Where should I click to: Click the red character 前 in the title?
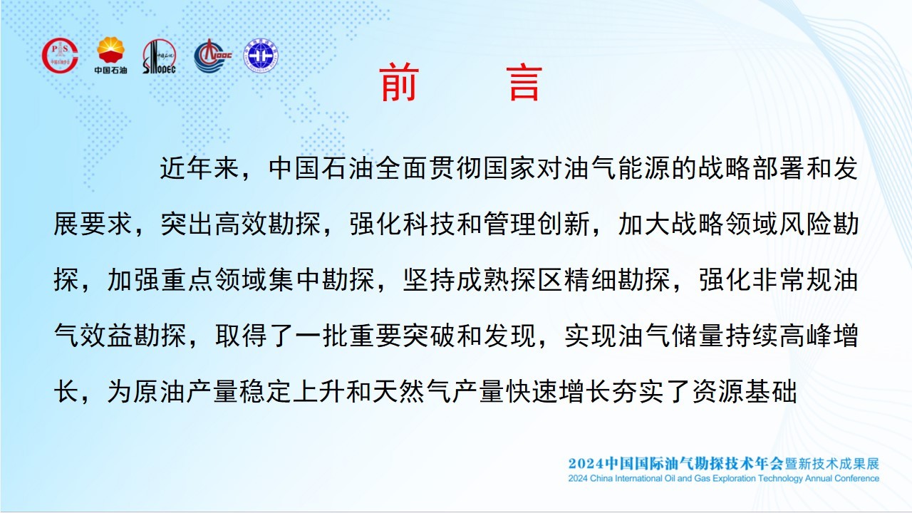[x=399, y=82]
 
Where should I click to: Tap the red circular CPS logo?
[x=60, y=56]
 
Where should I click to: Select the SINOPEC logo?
[x=159, y=56]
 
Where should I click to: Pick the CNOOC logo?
[x=212, y=56]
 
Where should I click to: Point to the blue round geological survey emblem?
[x=261, y=56]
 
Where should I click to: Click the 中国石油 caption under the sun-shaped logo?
[x=110, y=70]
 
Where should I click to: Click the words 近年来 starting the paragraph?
[x=199, y=168]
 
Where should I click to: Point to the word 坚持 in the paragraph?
[x=429, y=280]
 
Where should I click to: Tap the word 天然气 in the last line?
[x=413, y=392]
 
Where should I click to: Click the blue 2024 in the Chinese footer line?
[x=586, y=464]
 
